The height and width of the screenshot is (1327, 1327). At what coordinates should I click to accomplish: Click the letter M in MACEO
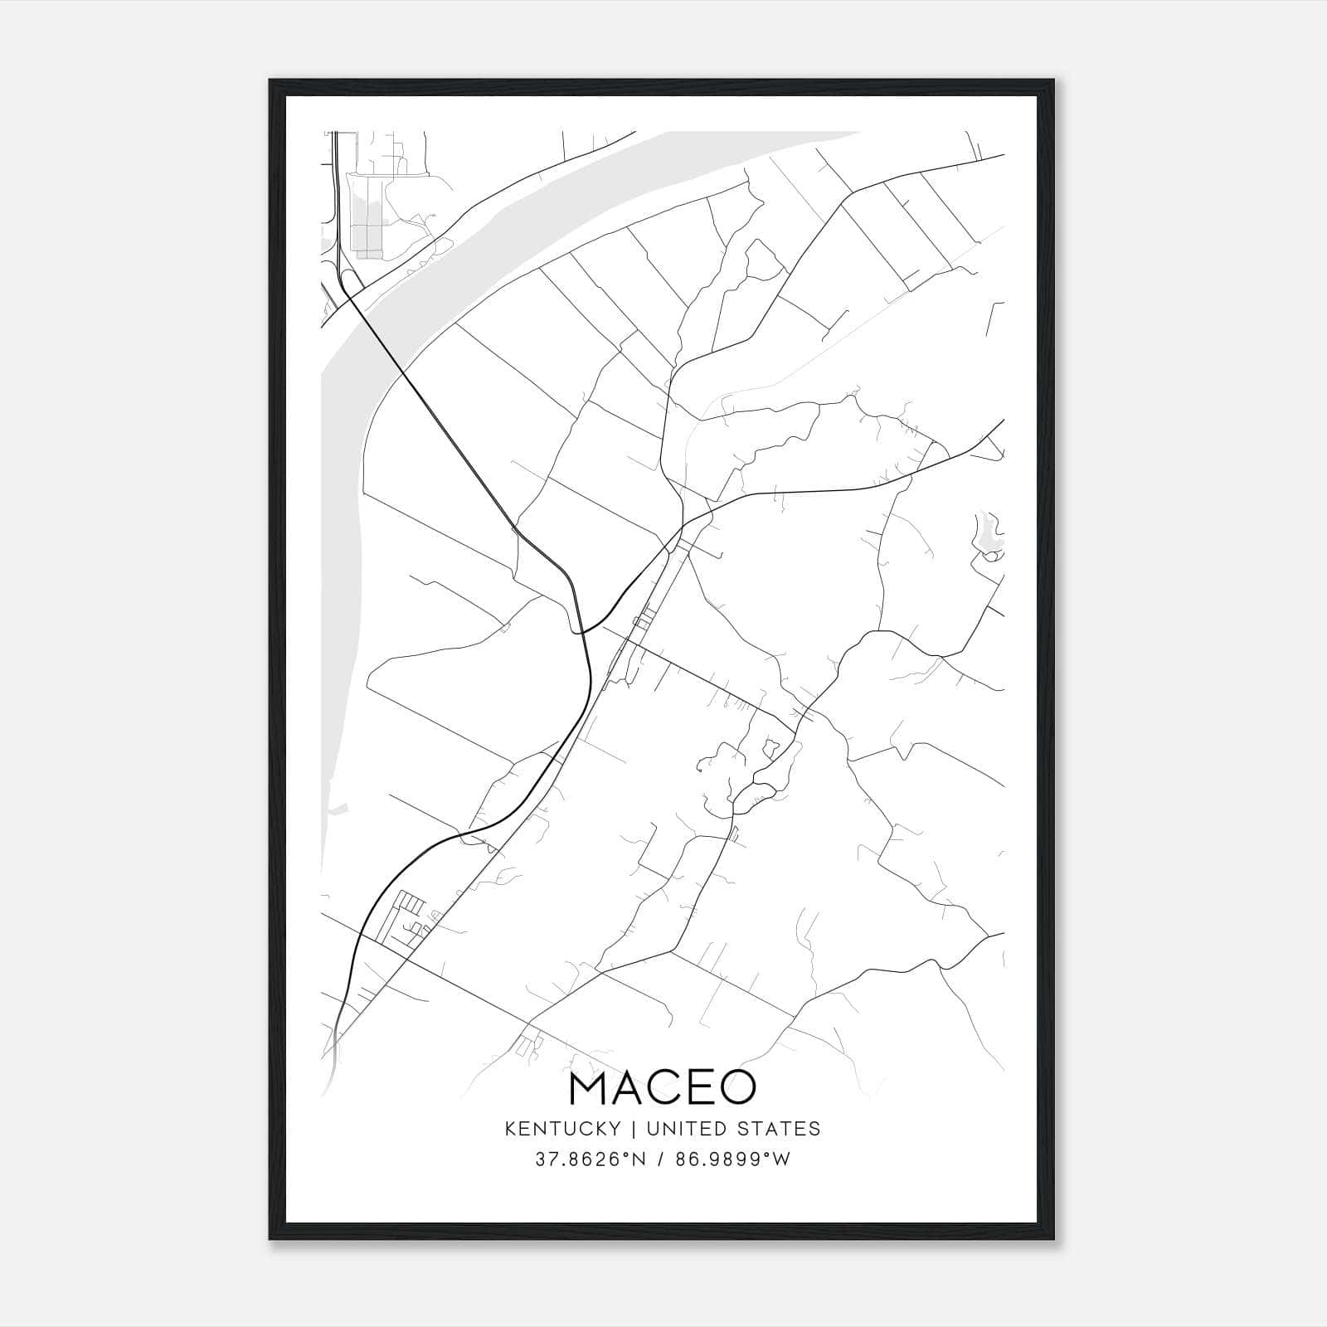coord(590,1089)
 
